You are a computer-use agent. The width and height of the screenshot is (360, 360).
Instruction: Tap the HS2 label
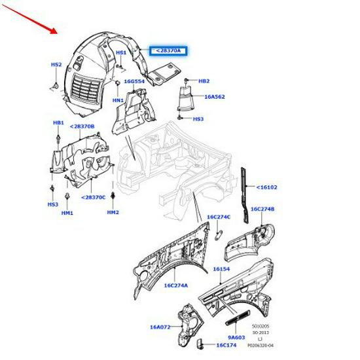pos(56,65)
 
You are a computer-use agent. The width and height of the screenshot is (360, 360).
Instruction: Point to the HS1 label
pos(121,52)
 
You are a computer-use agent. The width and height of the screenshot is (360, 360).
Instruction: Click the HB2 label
pos(204,81)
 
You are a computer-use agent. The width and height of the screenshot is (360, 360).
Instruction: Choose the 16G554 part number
pos(134,82)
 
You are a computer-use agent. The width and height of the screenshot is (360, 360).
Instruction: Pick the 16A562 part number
pos(215,96)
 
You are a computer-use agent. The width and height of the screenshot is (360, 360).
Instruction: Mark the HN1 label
pos(118,100)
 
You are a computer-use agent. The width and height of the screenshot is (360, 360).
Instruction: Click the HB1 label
pos(58,122)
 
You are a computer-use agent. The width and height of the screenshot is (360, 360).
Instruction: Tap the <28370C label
pos(93,197)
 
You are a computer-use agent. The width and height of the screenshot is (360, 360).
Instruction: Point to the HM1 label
pos(67,212)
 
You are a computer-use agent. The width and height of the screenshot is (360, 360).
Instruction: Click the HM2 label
pos(113,212)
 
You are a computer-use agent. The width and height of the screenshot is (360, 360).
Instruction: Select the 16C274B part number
pos(262,209)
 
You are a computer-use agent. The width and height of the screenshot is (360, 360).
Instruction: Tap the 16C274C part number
pos(218,217)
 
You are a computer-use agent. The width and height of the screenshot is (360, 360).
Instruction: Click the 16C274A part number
pos(175,285)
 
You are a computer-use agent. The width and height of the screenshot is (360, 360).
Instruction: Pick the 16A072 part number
pos(160,327)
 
